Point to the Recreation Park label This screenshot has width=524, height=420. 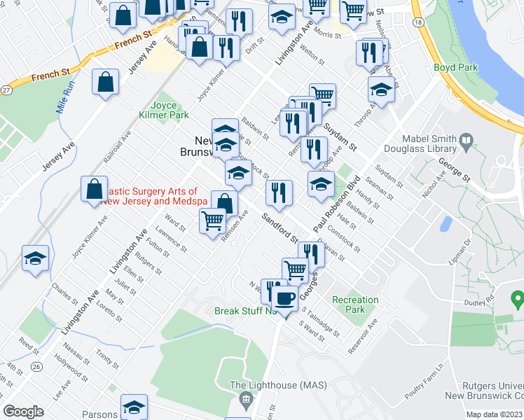[355, 304]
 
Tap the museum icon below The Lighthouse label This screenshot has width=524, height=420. [245, 400]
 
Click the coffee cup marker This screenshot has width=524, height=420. [284, 299]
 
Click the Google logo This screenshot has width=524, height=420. [23, 411]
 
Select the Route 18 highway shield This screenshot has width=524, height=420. [418, 22]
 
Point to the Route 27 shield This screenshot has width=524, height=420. [6, 90]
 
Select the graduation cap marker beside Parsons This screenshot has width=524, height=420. [134, 407]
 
